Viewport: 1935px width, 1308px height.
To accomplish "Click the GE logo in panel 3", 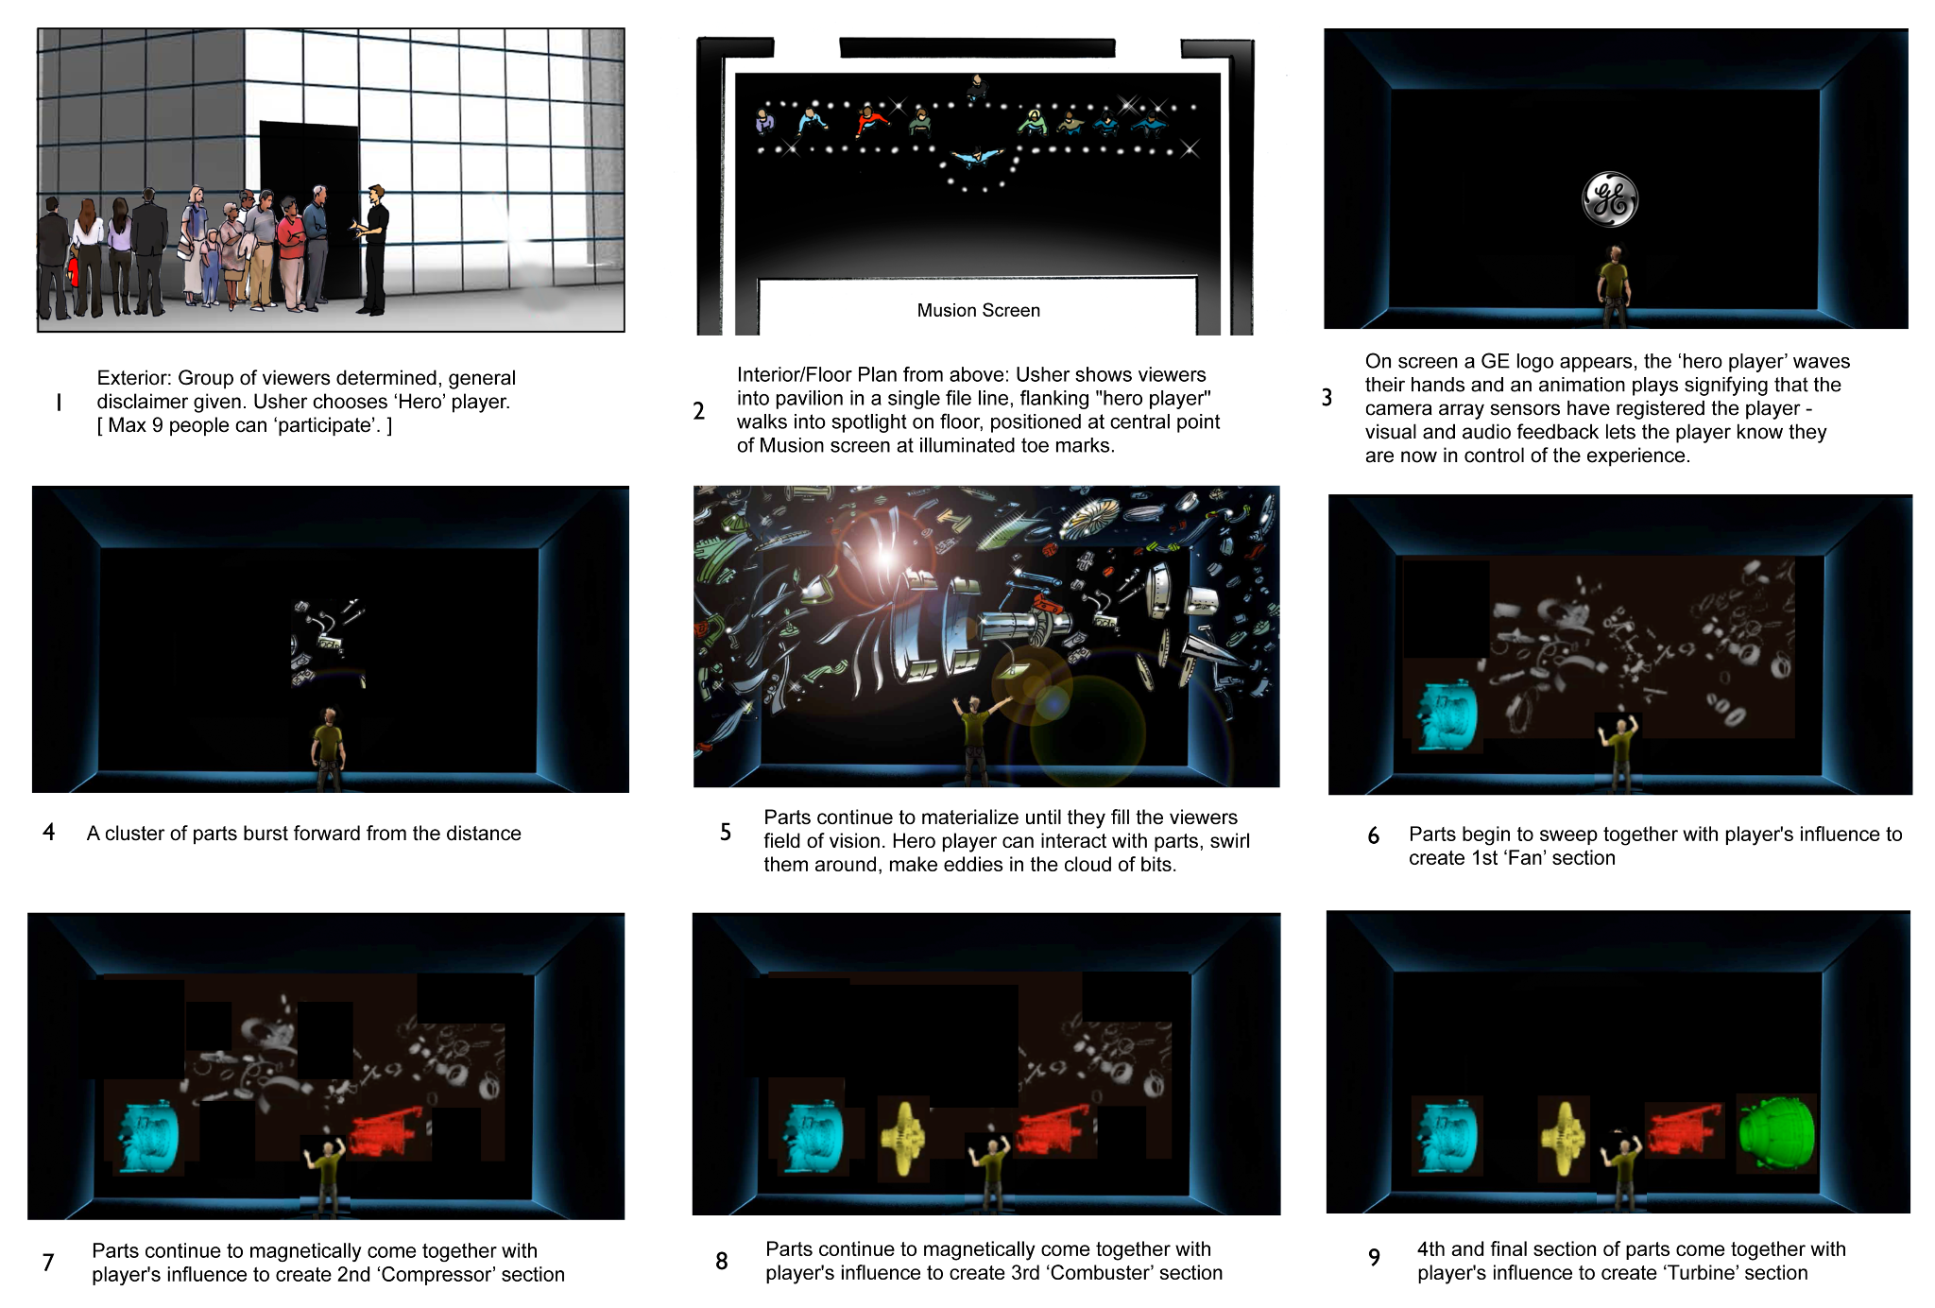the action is pyautogui.click(x=1610, y=199).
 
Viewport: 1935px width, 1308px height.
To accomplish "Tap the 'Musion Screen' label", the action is pyautogui.click(x=978, y=310).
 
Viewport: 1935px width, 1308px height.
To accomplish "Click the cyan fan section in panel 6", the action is pyautogui.click(x=1446, y=714).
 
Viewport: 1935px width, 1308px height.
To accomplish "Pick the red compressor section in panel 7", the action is pyautogui.click(x=387, y=1131).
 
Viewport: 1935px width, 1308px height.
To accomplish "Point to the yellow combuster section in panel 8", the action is pyautogui.click(x=904, y=1138).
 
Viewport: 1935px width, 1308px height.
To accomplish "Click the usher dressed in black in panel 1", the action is pyautogui.click(x=373, y=250).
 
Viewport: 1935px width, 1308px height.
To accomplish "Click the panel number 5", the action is pyautogui.click(x=725, y=832).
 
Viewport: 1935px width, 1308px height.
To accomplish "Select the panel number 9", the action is pyautogui.click(x=1374, y=1257).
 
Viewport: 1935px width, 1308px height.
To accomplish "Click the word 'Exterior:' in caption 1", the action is pyautogui.click(x=134, y=378).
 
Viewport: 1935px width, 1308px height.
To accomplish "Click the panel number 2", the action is pyautogui.click(x=698, y=410).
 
